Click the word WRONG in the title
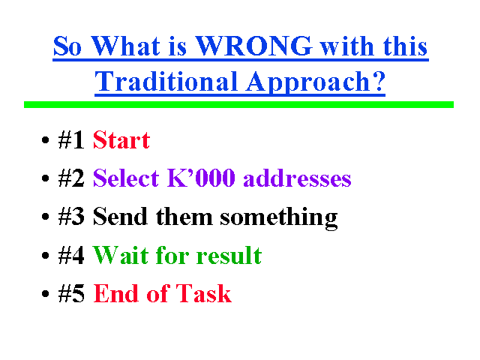[x=253, y=46]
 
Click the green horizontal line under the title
[x=238, y=105]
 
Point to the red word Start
[x=121, y=140]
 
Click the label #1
[x=71, y=140]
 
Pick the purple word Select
[x=126, y=178]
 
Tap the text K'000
[x=201, y=178]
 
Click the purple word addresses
[x=297, y=178]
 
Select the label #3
[x=71, y=217]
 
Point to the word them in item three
[x=184, y=216]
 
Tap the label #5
[x=71, y=293]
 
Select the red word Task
[x=203, y=293]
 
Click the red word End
[x=115, y=293]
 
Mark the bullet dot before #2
[x=45, y=178]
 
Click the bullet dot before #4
[x=45, y=255]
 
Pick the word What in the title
[x=125, y=46]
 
